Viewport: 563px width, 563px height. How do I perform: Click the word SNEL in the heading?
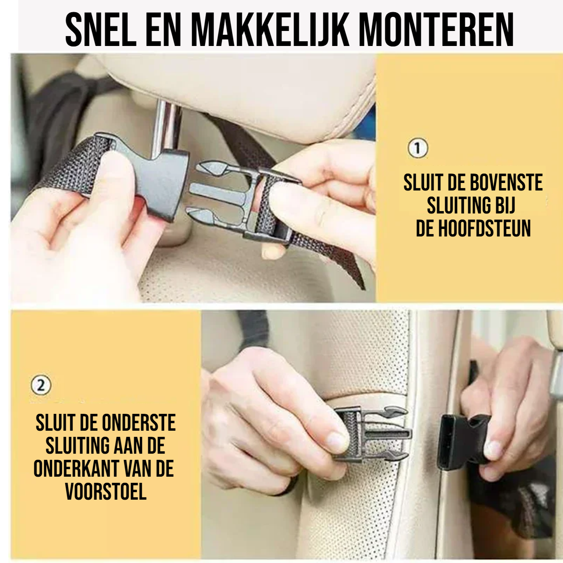coord(101,30)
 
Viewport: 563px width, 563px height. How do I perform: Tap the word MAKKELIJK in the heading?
coord(270,30)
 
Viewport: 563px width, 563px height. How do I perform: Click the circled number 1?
coord(418,148)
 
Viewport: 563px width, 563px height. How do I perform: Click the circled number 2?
coord(41,386)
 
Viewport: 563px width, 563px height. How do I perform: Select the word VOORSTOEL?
coord(106,492)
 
